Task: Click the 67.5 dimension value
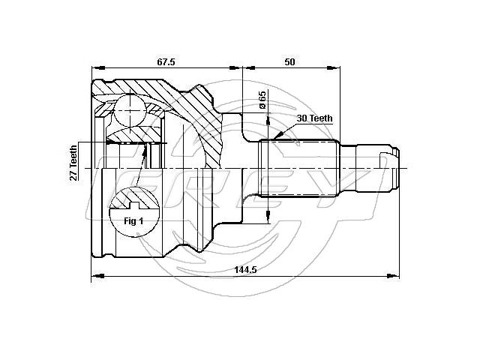(x=166, y=61)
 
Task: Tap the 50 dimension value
(x=289, y=61)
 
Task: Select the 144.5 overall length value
(x=245, y=270)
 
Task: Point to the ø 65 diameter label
(x=262, y=100)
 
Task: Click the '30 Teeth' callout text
(x=314, y=118)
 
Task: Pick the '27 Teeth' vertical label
(x=73, y=163)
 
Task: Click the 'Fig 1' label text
(x=133, y=220)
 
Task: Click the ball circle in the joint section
(x=130, y=110)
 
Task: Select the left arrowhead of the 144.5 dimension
(x=98, y=276)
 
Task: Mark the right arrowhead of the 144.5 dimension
(x=393, y=276)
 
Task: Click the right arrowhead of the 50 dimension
(x=333, y=67)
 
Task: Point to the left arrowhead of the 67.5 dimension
(x=98, y=67)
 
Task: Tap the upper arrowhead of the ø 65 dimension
(x=268, y=119)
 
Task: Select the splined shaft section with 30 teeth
(x=299, y=168)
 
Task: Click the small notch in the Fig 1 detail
(x=134, y=205)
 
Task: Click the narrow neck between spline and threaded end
(x=348, y=168)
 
